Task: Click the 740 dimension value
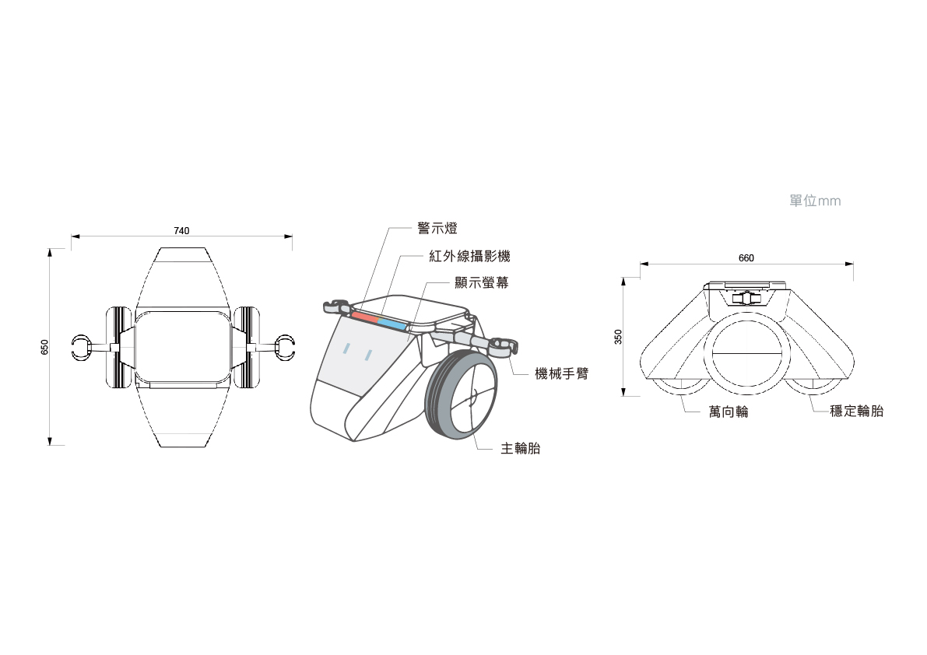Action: click(x=181, y=231)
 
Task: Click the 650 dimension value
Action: click(x=45, y=347)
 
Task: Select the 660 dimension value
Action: click(x=746, y=258)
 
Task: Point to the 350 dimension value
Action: click(x=619, y=337)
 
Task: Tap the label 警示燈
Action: click(x=437, y=229)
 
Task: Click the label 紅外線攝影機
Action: click(x=470, y=257)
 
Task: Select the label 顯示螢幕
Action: click(x=482, y=283)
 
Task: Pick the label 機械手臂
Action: click(x=562, y=374)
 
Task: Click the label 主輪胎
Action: click(x=521, y=449)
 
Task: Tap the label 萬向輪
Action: click(x=729, y=412)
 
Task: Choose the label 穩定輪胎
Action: click(x=857, y=411)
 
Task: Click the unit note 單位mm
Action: click(x=815, y=201)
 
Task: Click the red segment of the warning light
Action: click(x=365, y=317)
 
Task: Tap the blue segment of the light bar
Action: click(x=392, y=324)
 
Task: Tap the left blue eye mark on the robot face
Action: click(x=347, y=349)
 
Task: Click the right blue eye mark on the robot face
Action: click(x=368, y=355)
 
